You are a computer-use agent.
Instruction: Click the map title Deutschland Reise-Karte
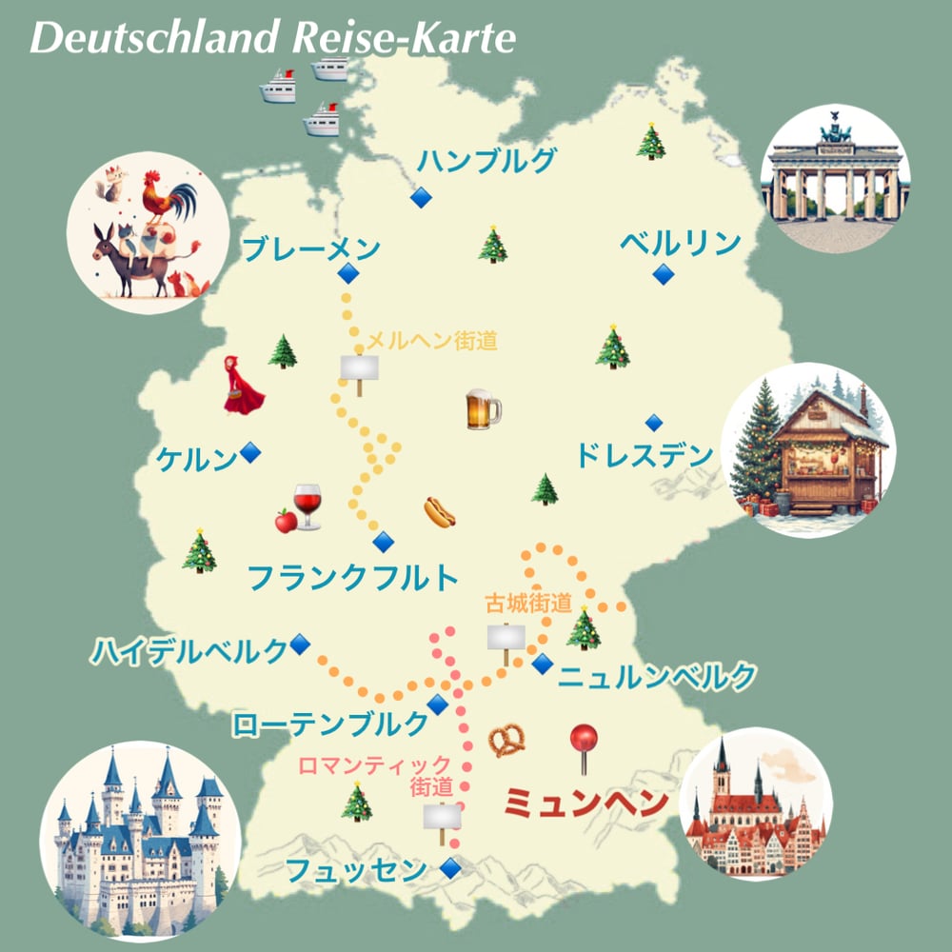pyautogui.click(x=273, y=38)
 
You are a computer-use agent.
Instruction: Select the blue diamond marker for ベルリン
pyautogui.click(x=663, y=275)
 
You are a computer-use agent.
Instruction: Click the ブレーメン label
pyautogui.click(x=311, y=250)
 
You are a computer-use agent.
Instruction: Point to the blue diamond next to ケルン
pyautogui.click(x=250, y=452)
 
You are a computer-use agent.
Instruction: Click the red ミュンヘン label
pyautogui.click(x=585, y=803)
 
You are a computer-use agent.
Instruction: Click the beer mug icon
pyautogui.click(x=483, y=409)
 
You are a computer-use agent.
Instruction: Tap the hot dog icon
pyautogui.click(x=439, y=512)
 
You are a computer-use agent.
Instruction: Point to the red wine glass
pyautogui.click(x=307, y=505)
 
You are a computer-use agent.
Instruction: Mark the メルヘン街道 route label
pyautogui.click(x=432, y=341)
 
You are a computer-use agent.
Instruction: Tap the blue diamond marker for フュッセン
pyautogui.click(x=449, y=867)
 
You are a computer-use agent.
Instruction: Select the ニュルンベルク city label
pyautogui.click(x=657, y=677)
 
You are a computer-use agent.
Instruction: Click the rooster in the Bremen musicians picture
pyautogui.click(x=167, y=197)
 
